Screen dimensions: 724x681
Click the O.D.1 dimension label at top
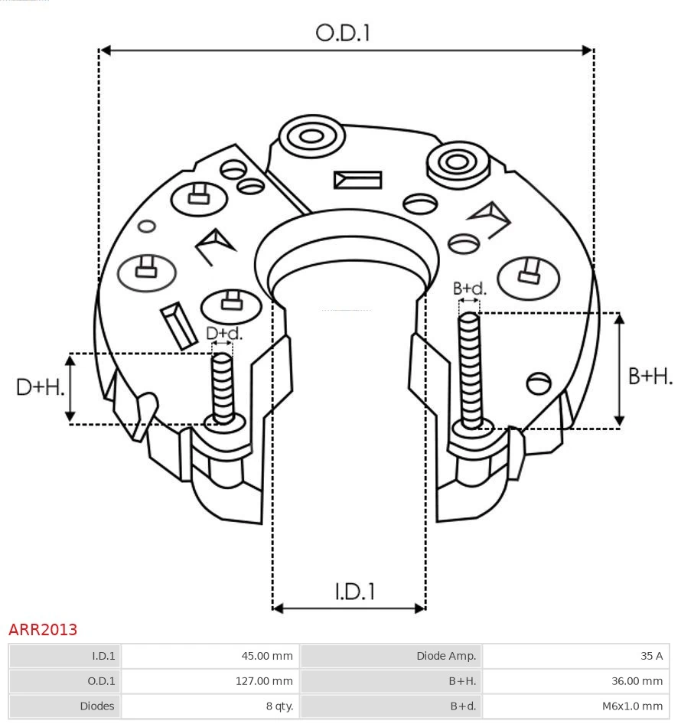(343, 32)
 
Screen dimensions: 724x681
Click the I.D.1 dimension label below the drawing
(354, 591)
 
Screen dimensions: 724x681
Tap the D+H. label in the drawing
(40, 386)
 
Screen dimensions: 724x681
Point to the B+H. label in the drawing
(650, 376)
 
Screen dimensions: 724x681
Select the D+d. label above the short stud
(224, 334)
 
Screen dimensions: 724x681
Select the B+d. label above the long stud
(469, 289)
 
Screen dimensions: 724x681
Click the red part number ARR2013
(43, 629)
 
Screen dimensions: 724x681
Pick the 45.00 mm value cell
(210, 656)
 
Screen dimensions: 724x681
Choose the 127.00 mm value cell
(210, 680)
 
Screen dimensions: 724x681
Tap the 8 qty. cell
(210, 706)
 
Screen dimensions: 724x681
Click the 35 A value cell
(575, 656)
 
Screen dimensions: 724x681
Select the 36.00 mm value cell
(575, 680)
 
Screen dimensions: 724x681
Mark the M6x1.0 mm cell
(575, 706)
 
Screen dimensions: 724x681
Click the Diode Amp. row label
(391, 656)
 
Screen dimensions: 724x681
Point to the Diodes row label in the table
(65, 706)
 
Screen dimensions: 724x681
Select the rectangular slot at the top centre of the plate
(357, 180)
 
